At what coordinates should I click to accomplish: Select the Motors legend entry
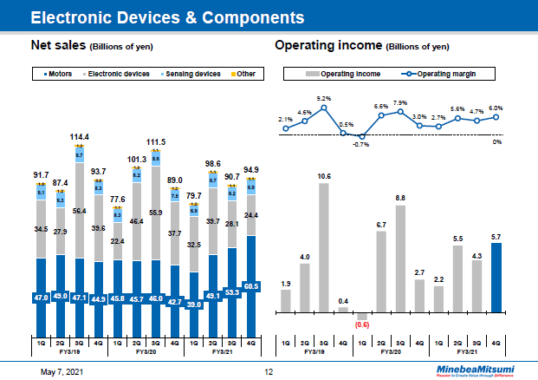coord(60,75)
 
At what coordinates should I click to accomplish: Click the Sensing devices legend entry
coord(192,75)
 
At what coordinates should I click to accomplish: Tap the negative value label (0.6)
coord(362,325)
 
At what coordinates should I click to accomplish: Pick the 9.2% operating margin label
coord(324,98)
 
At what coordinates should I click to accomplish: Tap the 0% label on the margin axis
coord(497,141)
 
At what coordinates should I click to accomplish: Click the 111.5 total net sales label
coord(156,141)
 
